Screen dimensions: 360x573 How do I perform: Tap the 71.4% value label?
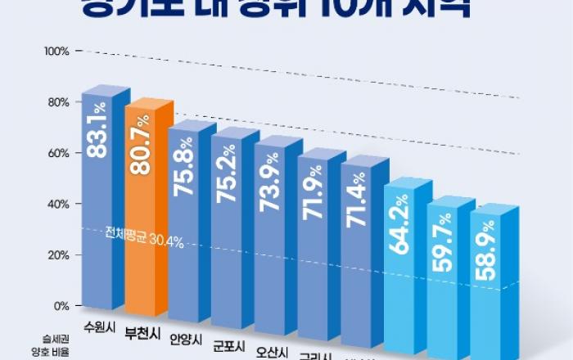[358, 199]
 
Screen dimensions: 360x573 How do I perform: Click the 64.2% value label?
[401, 232]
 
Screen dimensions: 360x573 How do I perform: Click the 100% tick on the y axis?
[57, 52]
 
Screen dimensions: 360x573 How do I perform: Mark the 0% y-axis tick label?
[61, 306]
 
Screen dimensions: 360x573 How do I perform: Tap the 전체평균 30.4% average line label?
[144, 241]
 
